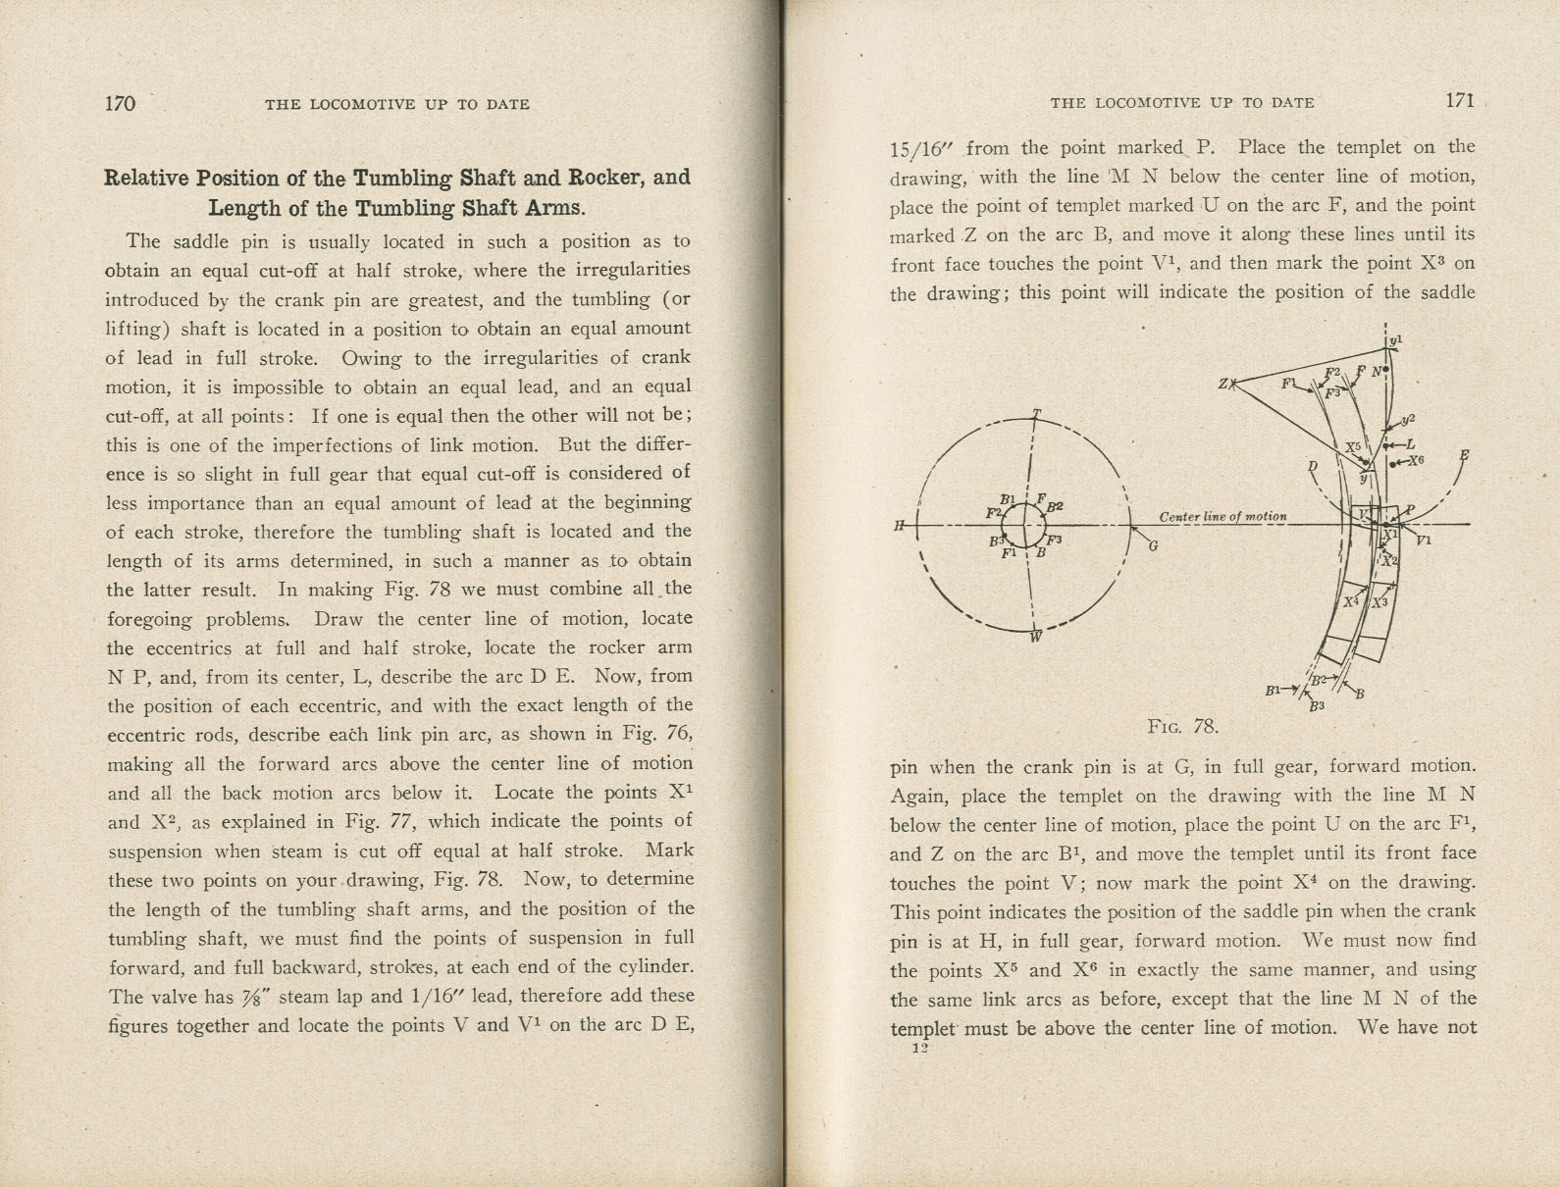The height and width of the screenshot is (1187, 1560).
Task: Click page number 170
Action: click(x=120, y=103)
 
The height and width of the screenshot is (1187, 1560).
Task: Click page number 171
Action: click(x=1459, y=100)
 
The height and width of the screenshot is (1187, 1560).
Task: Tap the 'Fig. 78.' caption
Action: click(x=1182, y=727)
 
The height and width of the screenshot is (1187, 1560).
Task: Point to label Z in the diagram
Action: click(x=1223, y=384)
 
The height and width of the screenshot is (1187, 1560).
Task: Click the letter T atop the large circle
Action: click(x=1036, y=414)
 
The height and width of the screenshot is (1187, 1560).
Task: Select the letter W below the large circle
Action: click(x=1035, y=637)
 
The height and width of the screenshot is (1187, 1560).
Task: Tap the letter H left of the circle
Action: click(x=899, y=525)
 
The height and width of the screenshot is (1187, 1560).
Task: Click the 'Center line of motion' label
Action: click(x=1222, y=516)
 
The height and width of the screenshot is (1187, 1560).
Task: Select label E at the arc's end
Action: click(x=1464, y=455)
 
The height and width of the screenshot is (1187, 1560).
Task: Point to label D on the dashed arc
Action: click(x=1312, y=465)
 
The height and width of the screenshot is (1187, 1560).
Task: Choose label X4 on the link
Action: click(x=1351, y=601)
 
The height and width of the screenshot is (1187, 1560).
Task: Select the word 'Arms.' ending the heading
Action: click(x=553, y=208)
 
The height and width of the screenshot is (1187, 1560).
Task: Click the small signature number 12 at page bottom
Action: click(x=918, y=1048)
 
